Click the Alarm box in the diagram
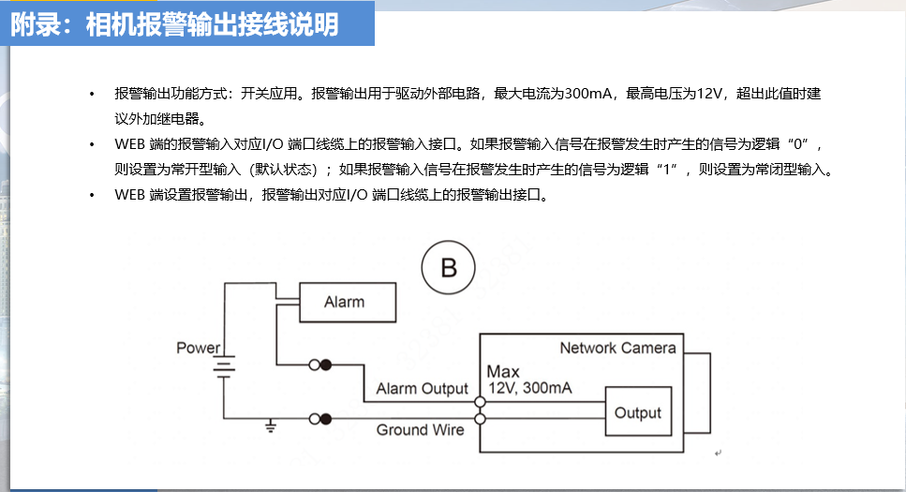pyautogui.click(x=345, y=303)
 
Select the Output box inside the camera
pyautogui.click(x=638, y=412)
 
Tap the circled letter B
pyautogui.click(x=449, y=268)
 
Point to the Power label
pyautogui.click(x=199, y=349)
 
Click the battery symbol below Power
pyautogui.click(x=224, y=367)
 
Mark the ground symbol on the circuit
pyautogui.click(x=271, y=427)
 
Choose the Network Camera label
pyautogui.click(x=617, y=349)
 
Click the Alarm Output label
pyautogui.click(x=422, y=389)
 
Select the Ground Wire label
pyautogui.click(x=420, y=430)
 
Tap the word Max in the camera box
pyautogui.click(x=503, y=372)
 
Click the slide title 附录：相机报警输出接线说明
pyautogui.click(x=175, y=24)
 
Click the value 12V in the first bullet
pyautogui.click(x=711, y=95)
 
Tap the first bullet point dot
pyautogui.click(x=92, y=96)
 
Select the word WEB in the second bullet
pyautogui.click(x=129, y=145)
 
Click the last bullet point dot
pyautogui.click(x=92, y=197)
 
